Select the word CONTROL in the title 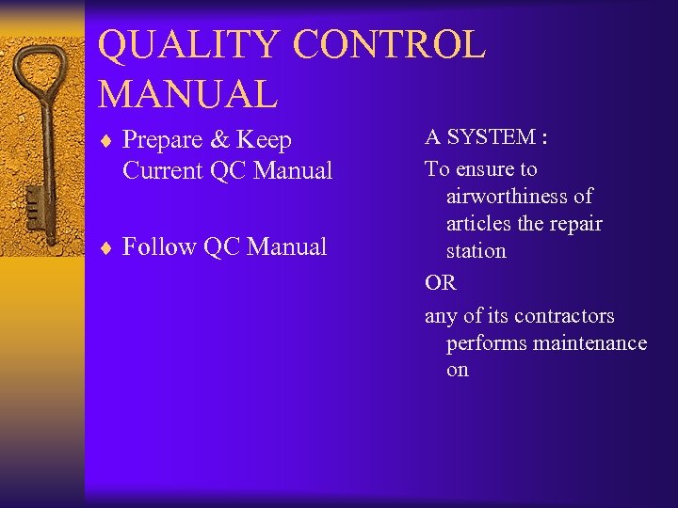389,45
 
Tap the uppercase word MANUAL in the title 187,94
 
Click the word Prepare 163,141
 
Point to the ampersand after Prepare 219,140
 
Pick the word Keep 264,141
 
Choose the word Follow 158,247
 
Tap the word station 476,251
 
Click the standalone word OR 440,283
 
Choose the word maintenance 589,343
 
